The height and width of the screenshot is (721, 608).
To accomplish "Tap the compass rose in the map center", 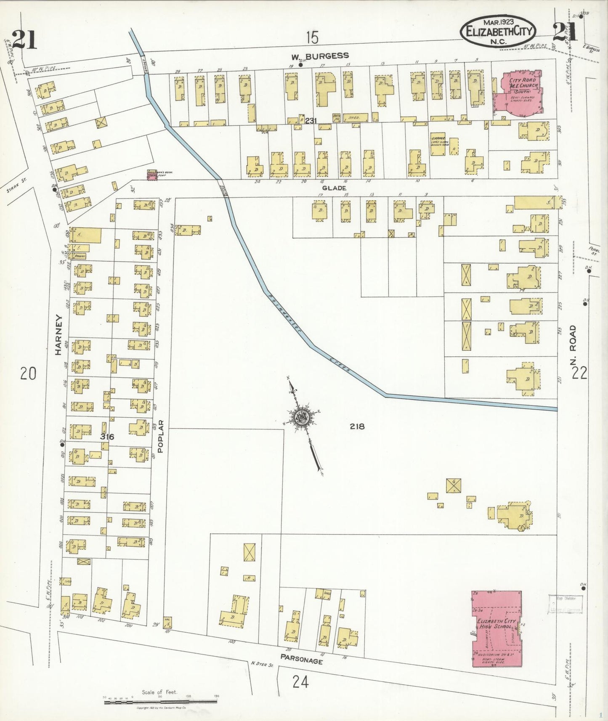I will (302, 417).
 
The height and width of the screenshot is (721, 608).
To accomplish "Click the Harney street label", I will (58, 335).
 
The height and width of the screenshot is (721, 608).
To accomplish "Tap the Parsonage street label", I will (302, 659).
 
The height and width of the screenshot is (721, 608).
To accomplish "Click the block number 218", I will (357, 427).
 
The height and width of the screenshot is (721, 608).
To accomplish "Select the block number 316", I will (107, 437).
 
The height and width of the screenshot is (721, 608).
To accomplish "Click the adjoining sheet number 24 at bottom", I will (300, 681).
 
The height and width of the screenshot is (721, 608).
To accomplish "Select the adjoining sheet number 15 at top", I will (312, 38).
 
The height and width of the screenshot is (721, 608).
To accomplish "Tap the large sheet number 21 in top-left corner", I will (24, 40).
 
